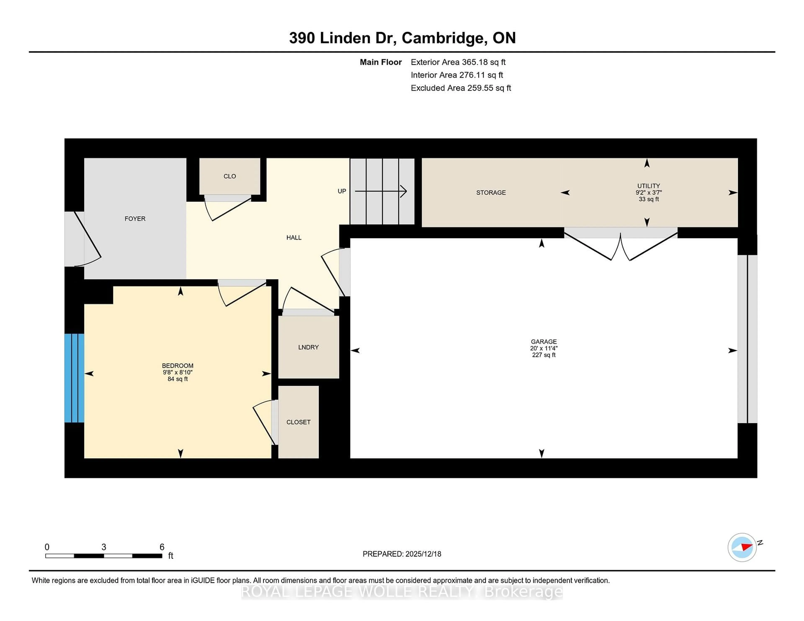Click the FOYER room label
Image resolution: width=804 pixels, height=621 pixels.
[135, 218]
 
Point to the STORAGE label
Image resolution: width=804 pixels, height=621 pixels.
[491, 192]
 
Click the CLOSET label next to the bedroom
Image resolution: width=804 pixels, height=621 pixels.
[298, 422]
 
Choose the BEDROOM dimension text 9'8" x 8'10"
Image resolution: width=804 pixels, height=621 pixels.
[177, 372]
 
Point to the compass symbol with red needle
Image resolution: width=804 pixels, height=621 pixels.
[742, 547]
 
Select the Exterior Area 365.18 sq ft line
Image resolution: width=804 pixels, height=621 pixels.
[458, 62]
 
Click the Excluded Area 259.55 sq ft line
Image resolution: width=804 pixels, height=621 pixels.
[461, 88]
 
